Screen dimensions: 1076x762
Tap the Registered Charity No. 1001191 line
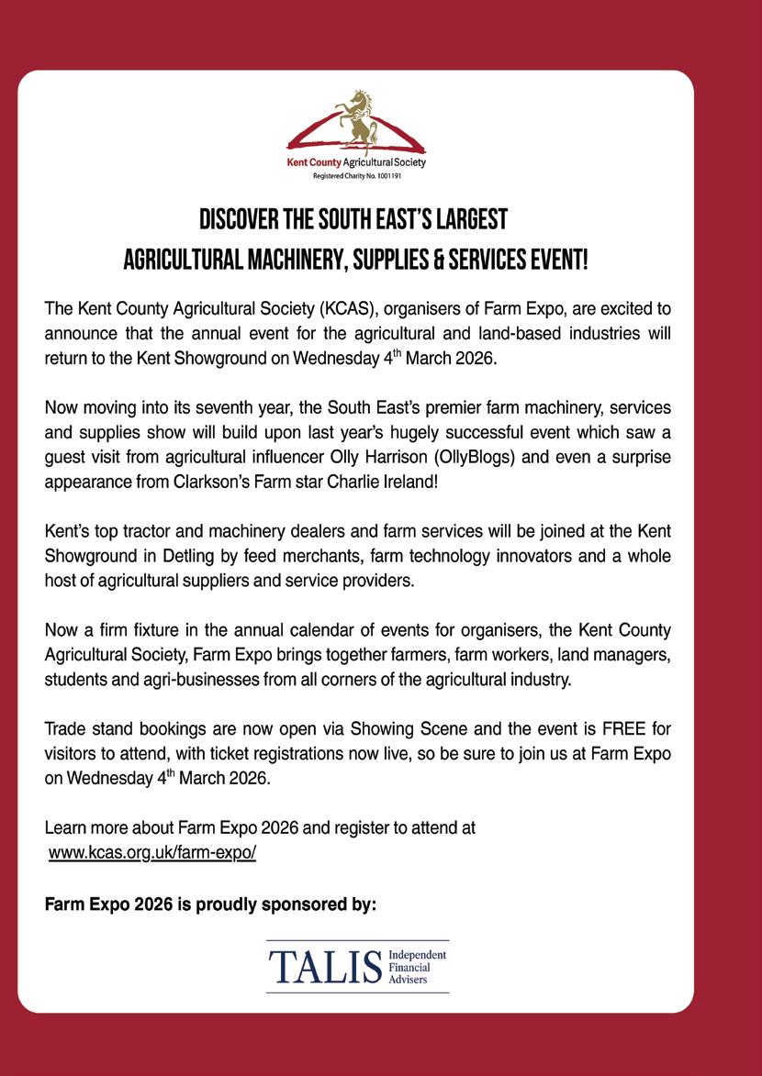click(x=356, y=172)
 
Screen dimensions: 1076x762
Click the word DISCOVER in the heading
click(x=241, y=221)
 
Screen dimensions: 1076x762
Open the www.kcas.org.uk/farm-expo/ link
click(x=151, y=852)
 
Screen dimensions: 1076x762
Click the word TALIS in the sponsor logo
click(x=324, y=966)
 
